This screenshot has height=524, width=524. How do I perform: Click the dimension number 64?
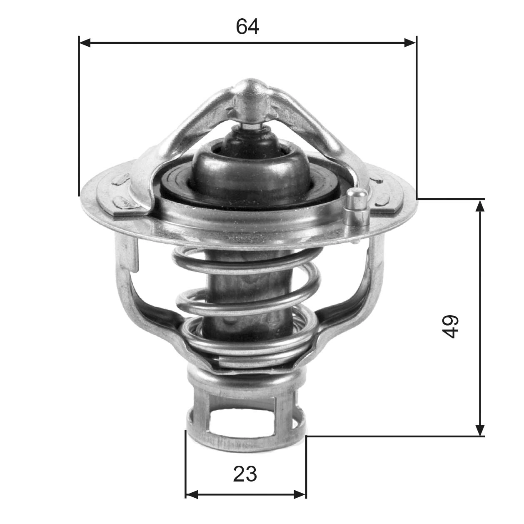[x=247, y=27]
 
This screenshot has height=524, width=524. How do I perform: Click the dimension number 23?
[x=245, y=474]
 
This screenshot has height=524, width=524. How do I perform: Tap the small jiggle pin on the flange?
[x=357, y=204]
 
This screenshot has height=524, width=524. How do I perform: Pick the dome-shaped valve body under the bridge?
[x=250, y=171]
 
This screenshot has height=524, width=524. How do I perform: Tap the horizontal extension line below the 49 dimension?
[x=396, y=437]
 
